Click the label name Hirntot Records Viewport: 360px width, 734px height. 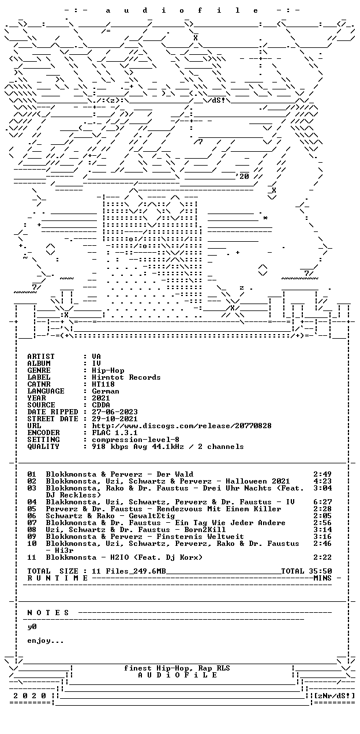[126, 377]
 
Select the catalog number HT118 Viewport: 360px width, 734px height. [103, 384]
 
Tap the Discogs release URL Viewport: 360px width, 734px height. [182, 426]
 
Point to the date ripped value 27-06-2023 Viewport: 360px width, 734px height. [115, 412]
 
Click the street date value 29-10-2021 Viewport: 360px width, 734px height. [115, 419]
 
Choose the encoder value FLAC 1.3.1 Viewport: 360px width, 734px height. [115, 433]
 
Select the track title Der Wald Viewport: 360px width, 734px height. [175, 474]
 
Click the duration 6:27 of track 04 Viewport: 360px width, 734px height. [322, 502]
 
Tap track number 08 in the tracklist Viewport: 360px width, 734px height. [32, 530]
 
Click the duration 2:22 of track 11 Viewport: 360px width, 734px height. [322, 557]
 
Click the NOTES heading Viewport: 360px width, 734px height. [48, 613]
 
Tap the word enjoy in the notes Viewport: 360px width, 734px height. [39, 641]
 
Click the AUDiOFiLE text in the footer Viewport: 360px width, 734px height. [177, 675]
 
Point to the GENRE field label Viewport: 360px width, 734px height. [39, 370]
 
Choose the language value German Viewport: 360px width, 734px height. [106, 391]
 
